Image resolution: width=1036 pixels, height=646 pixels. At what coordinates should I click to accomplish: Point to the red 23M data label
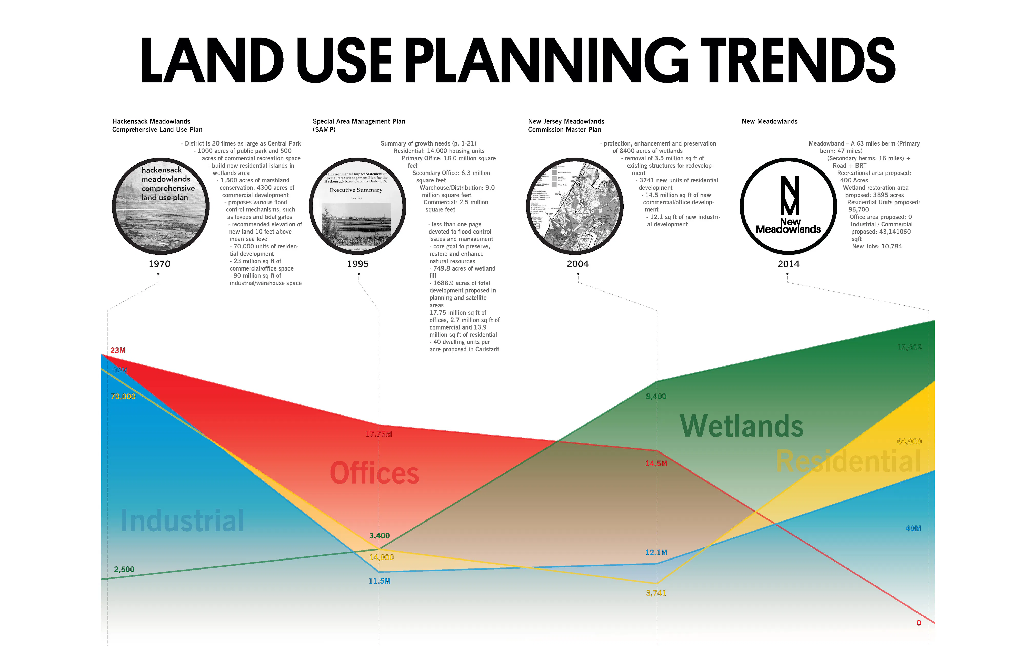point(118,350)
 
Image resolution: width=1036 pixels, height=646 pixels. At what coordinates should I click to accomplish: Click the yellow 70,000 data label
point(123,397)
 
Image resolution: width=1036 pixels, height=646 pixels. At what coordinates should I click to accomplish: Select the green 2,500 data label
point(124,570)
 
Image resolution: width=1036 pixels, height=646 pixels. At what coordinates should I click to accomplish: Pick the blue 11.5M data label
point(380,581)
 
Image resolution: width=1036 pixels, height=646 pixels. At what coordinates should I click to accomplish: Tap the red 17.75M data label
point(379,434)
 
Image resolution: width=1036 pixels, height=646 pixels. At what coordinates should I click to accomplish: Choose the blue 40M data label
point(913,528)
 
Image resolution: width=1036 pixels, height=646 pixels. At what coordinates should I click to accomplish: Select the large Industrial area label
point(182,521)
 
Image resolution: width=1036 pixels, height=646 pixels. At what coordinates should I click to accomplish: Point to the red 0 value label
point(919,623)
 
